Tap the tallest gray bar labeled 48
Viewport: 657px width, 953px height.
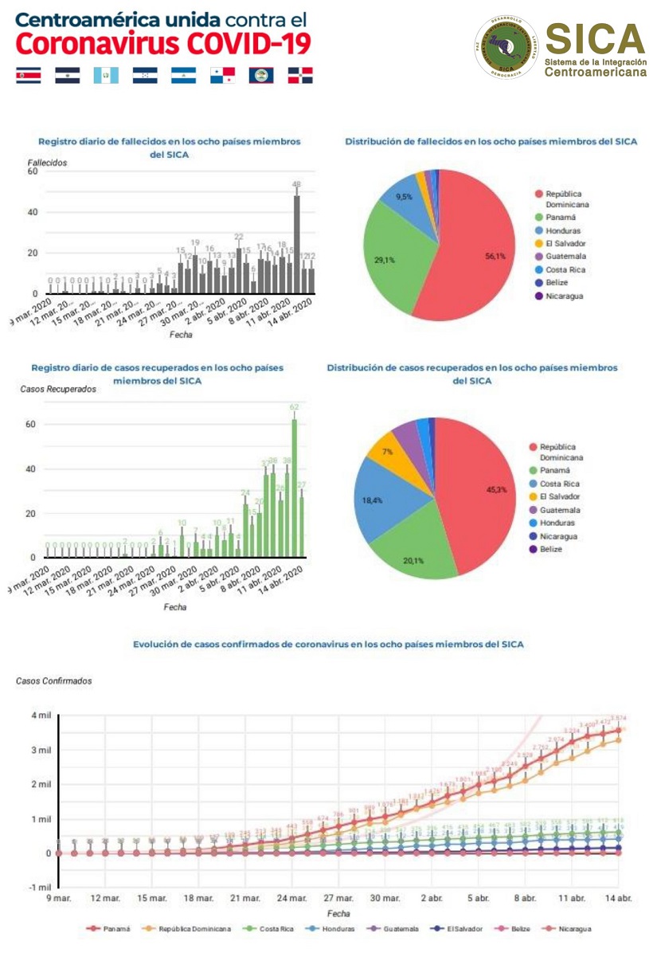tap(297, 243)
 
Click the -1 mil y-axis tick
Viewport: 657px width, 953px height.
tap(40, 888)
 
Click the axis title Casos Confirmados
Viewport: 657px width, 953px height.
tap(53, 681)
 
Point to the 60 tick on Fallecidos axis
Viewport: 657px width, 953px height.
tap(32, 171)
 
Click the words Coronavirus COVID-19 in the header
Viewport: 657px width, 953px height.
tap(163, 43)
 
